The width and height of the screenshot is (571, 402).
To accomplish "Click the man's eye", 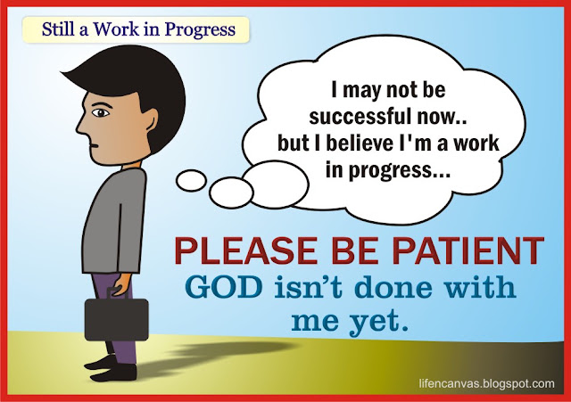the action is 100,113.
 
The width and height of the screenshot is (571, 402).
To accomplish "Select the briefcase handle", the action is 117,292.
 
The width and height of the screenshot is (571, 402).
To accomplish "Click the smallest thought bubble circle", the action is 191,180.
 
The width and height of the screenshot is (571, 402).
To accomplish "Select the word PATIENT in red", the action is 469,251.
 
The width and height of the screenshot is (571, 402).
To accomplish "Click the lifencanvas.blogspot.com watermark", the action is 487,383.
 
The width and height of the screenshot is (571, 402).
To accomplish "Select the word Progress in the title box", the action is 200,29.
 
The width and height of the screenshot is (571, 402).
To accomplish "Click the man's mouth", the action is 94,146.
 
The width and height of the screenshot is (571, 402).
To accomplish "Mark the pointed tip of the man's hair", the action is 62,72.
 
